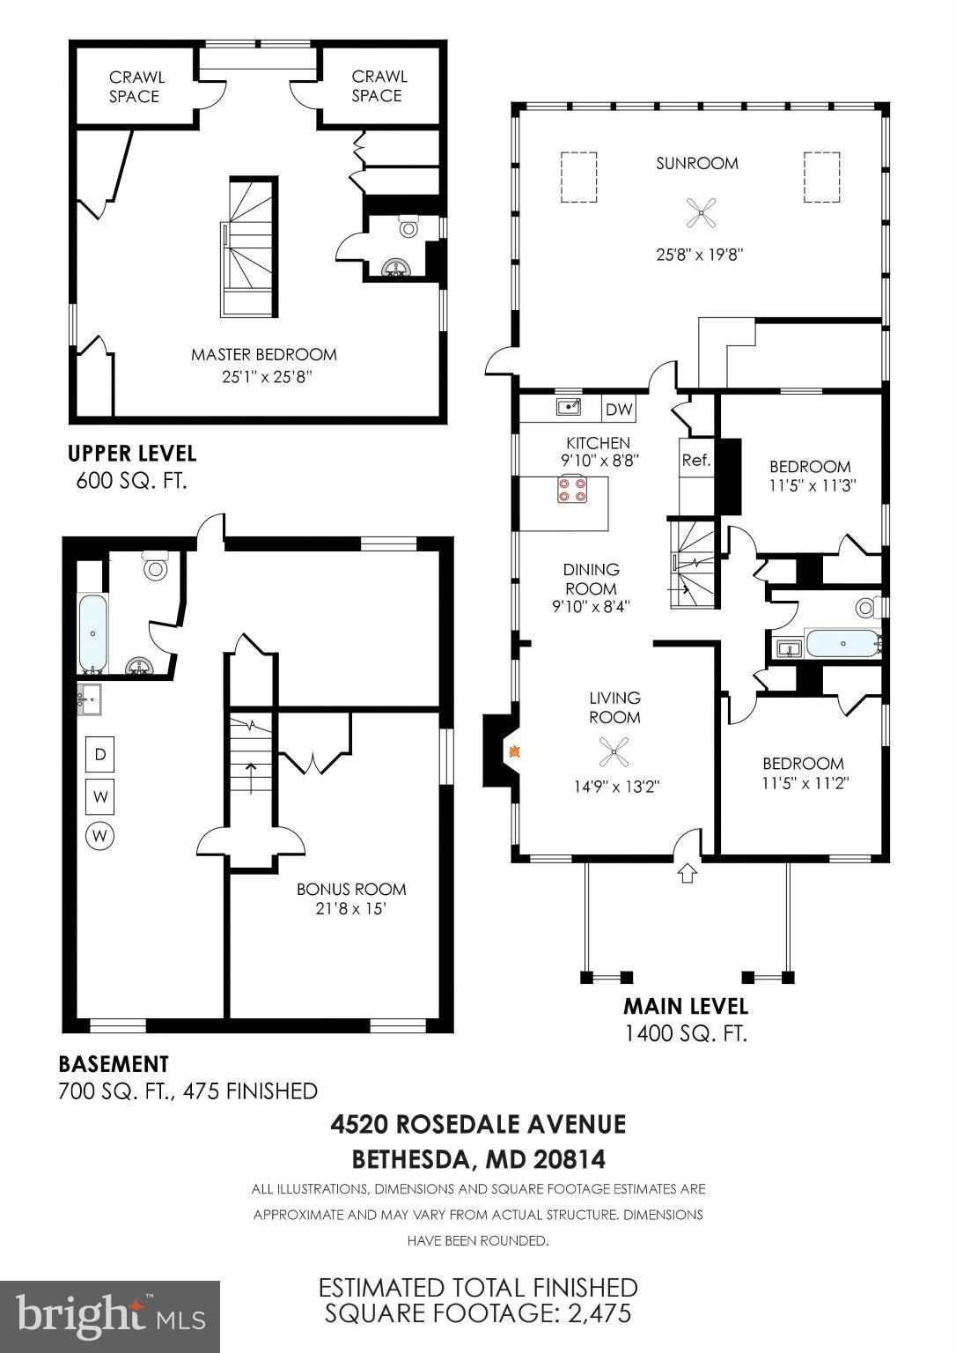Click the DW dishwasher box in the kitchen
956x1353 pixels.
[619, 409]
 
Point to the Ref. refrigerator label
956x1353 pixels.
[695, 460]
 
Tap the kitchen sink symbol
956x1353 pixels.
[569, 406]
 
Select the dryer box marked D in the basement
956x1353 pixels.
[100, 754]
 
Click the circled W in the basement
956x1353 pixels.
[100, 835]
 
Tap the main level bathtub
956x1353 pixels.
[842, 644]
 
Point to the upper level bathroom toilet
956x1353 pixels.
[408, 226]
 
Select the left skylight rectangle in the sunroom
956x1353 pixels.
[578, 177]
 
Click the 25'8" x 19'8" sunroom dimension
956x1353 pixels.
[700, 255]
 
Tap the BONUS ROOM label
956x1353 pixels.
[351, 889]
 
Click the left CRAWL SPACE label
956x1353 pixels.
[135, 86]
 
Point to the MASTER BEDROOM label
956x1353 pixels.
[263, 354]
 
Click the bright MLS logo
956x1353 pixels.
[110, 1316]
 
